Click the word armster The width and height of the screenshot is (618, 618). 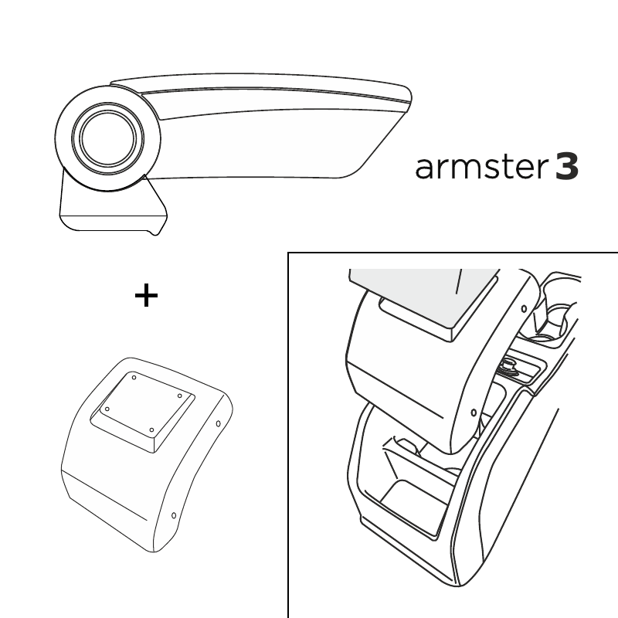click(481, 167)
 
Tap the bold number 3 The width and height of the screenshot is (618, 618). click(567, 167)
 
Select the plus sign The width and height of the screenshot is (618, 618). click(146, 295)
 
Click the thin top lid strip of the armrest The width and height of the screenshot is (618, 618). click(260, 86)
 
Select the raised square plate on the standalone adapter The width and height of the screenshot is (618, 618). click(143, 411)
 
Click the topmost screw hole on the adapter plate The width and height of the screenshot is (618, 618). click(134, 378)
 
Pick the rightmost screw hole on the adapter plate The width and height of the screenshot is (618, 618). click(179, 396)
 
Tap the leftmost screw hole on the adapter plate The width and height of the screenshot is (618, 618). click(107, 409)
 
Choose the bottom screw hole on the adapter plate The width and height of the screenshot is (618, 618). click(151, 430)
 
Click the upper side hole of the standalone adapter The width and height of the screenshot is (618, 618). click(218, 423)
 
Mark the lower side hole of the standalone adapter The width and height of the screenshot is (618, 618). click(174, 515)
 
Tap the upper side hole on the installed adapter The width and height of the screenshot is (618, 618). click(524, 309)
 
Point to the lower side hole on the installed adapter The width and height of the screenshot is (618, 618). click(474, 413)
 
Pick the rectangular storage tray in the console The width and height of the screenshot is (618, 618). click(414, 504)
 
